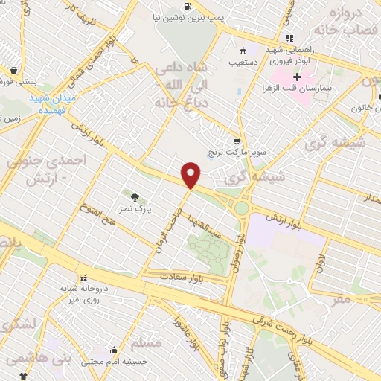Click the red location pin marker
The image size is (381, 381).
pyautogui.click(x=192, y=175)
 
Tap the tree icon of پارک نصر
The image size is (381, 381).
pyautogui.click(x=135, y=197)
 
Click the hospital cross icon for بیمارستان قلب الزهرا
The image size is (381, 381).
pyautogui.click(x=298, y=77)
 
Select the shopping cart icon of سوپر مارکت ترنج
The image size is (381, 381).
pyautogui.click(x=237, y=141)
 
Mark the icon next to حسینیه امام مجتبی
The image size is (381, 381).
pyautogui.click(x=113, y=351)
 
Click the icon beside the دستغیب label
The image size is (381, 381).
pyautogui.click(x=243, y=51)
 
